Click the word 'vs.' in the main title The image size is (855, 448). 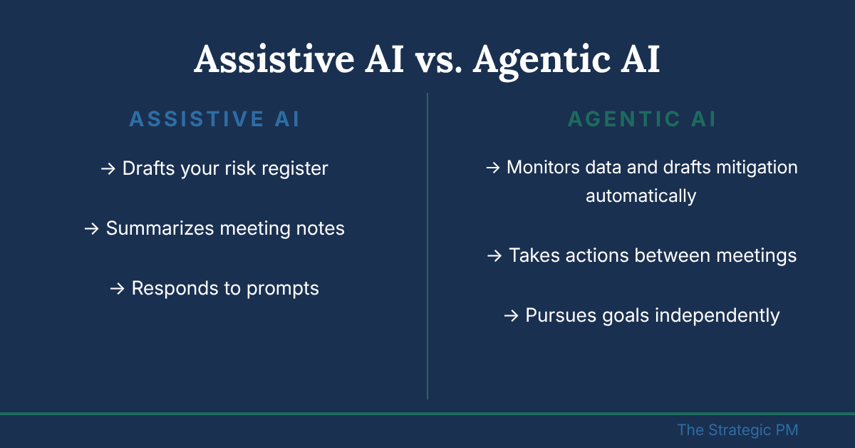click(x=439, y=61)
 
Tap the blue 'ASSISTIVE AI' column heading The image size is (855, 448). click(x=215, y=119)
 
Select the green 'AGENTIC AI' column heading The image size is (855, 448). click(x=642, y=119)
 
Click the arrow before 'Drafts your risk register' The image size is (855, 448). click(x=108, y=168)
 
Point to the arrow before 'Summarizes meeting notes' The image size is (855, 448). click(x=92, y=228)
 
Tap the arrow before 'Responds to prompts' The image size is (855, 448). click(x=117, y=289)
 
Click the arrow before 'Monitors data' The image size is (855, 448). click(x=493, y=168)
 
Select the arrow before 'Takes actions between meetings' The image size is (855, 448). click(x=494, y=255)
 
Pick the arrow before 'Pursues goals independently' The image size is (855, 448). click(x=512, y=316)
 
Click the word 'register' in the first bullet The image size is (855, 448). click(x=295, y=169)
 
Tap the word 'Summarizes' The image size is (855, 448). click(x=160, y=228)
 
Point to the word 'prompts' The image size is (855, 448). click(x=282, y=289)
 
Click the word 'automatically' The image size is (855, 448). click(x=641, y=196)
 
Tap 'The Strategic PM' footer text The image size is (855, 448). click(x=738, y=430)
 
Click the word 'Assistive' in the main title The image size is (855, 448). click(x=274, y=59)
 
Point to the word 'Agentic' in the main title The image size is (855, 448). click(x=542, y=61)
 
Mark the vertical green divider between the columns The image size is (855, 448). click(x=427, y=246)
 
